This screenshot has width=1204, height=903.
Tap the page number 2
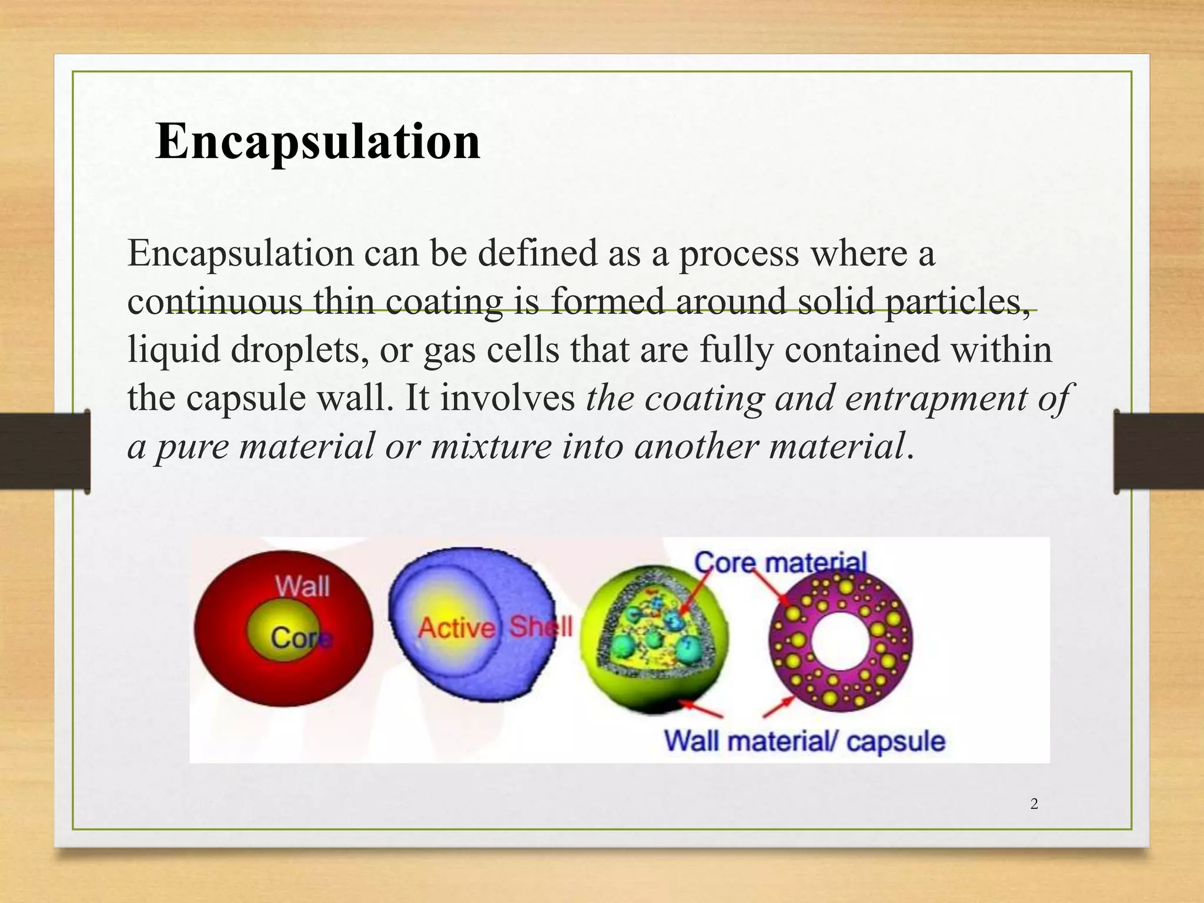click(1034, 804)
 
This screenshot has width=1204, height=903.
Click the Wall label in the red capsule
click(302, 586)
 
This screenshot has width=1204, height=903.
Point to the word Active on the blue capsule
click(456, 628)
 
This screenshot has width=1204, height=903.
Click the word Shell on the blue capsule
click(540, 626)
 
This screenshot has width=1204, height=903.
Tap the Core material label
click(780, 563)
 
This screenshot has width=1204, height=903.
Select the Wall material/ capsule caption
click(804, 740)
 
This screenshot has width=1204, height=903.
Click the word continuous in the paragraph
click(215, 301)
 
